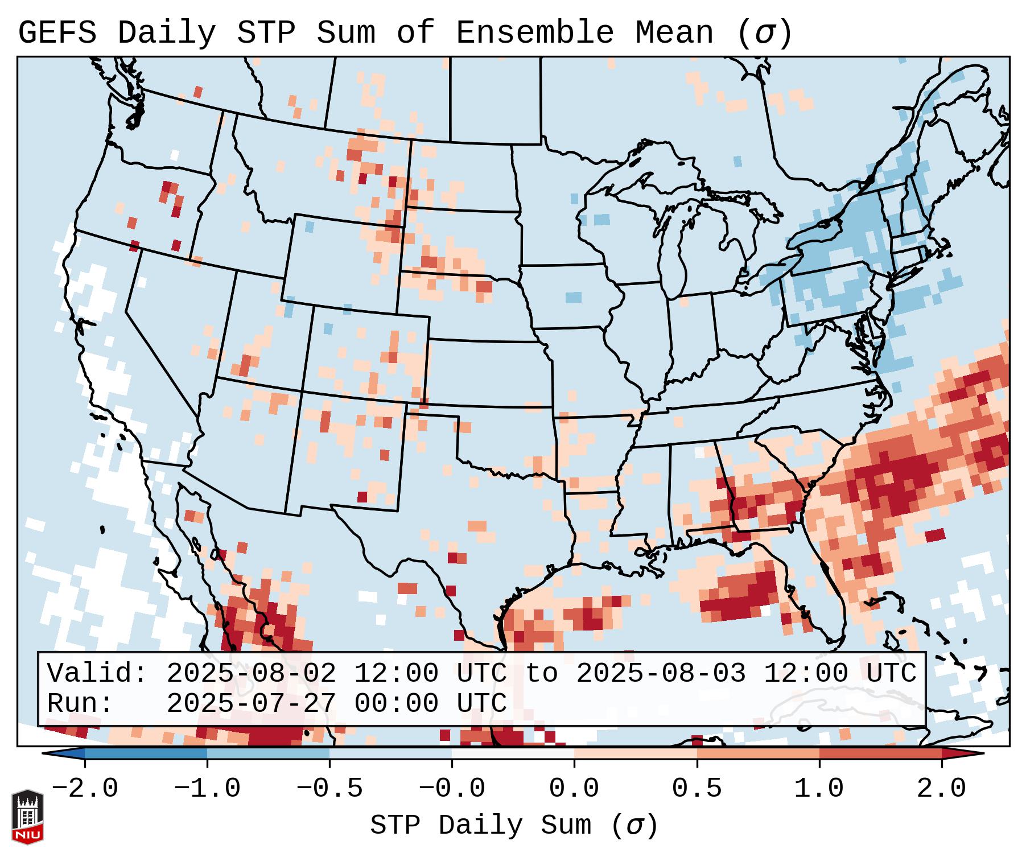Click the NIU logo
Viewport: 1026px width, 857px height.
click(x=27, y=816)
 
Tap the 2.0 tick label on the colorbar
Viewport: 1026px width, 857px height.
click(x=941, y=789)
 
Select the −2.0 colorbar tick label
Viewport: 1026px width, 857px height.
click(x=85, y=789)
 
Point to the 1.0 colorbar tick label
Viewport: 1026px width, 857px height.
click(x=819, y=789)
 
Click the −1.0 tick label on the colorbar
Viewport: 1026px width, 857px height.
click(x=207, y=789)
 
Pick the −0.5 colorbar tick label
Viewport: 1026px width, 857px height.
click(x=329, y=789)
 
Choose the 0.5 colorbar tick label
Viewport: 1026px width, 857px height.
click(x=697, y=789)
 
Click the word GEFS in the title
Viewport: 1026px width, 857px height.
click(x=57, y=32)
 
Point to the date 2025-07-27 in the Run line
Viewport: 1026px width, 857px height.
click(x=251, y=703)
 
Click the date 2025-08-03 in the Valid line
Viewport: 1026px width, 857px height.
click(x=661, y=673)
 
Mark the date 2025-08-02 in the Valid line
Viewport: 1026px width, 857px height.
click(x=251, y=673)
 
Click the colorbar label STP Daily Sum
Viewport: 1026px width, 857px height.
click(x=480, y=825)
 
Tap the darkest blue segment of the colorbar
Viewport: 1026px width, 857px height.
click(x=146, y=753)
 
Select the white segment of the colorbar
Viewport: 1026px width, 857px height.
click(x=513, y=753)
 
